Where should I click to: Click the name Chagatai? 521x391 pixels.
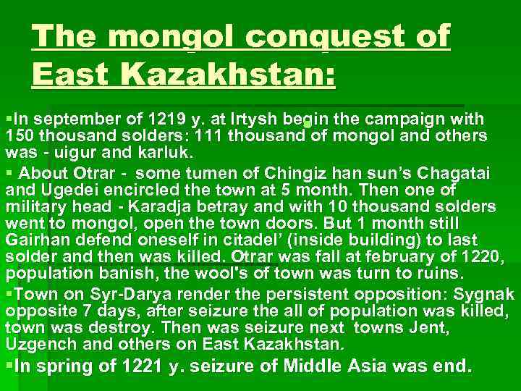coord(454,173)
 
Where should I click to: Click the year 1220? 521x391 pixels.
coord(483,256)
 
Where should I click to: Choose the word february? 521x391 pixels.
coord(400,256)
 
